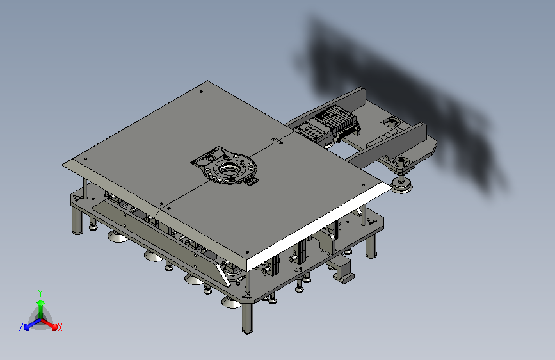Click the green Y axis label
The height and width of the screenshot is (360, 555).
click(x=40, y=291)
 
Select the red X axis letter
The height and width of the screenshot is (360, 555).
click(x=60, y=327)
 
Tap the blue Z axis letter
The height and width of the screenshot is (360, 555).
click(x=21, y=327)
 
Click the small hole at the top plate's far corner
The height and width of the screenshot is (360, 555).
click(x=202, y=92)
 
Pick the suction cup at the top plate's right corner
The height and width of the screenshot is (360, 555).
click(x=402, y=185)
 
